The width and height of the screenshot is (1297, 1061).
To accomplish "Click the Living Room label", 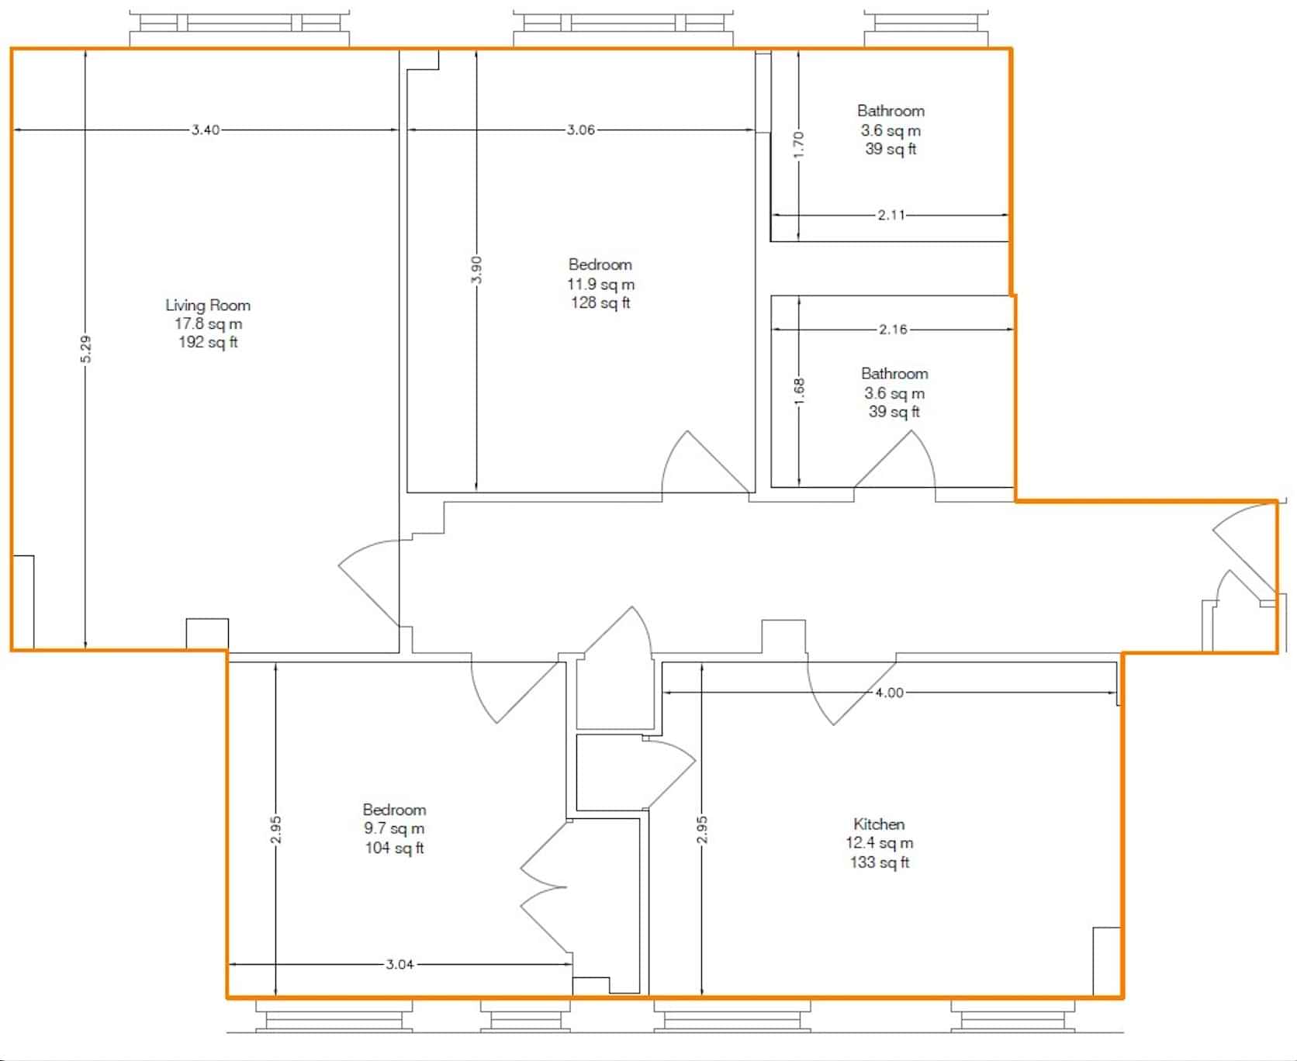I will pyautogui.click(x=208, y=305).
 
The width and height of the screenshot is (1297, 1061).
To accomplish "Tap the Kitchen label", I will pyautogui.click(x=879, y=824).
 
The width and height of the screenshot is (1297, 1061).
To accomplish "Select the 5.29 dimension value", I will pyautogui.click(x=86, y=349).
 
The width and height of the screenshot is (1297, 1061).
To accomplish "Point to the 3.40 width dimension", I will pyautogui.click(x=206, y=130).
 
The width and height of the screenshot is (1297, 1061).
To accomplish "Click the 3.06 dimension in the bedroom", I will pyautogui.click(x=581, y=130).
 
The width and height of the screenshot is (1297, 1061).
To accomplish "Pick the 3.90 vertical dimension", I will pyautogui.click(x=477, y=270).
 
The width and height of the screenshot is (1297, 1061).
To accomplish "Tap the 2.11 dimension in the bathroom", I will pyautogui.click(x=891, y=216).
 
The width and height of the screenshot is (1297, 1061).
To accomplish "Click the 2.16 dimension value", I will pyautogui.click(x=893, y=330).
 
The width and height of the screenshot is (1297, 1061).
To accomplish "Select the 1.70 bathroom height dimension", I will pyautogui.click(x=799, y=144).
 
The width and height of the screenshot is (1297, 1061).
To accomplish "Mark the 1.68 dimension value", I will pyautogui.click(x=800, y=390).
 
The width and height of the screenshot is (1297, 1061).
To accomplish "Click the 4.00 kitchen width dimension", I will pyautogui.click(x=889, y=693).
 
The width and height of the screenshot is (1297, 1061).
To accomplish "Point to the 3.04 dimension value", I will pyautogui.click(x=399, y=965).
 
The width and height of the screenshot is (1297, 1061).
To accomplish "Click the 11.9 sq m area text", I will pyautogui.click(x=601, y=285).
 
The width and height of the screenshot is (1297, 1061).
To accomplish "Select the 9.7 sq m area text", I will pyautogui.click(x=394, y=828).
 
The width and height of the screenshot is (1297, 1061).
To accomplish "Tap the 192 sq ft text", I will pyautogui.click(x=208, y=342).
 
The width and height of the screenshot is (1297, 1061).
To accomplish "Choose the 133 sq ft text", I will pyautogui.click(x=880, y=862).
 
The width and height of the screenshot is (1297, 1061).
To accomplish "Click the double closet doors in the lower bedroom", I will pyautogui.click(x=543, y=888).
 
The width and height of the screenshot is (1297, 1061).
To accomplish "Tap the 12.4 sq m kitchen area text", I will pyautogui.click(x=880, y=843).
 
